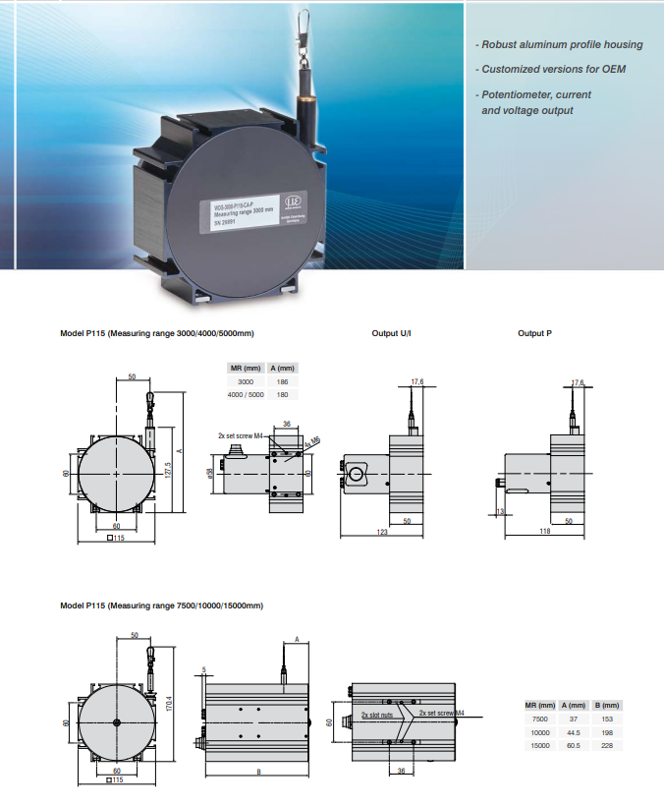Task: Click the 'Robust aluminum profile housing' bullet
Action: pos(558,44)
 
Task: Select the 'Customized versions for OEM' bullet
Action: pos(552,69)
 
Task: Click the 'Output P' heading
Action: pos(534,334)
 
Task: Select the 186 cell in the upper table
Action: pos(282,380)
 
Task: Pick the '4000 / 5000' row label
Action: pos(245,393)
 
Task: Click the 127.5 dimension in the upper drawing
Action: pos(168,470)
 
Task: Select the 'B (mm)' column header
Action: pos(609,706)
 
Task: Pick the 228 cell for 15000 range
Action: pos(609,745)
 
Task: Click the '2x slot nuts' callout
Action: pos(376,715)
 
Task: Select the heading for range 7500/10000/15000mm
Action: pos(161,605)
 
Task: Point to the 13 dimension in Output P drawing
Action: pos(499,511)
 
